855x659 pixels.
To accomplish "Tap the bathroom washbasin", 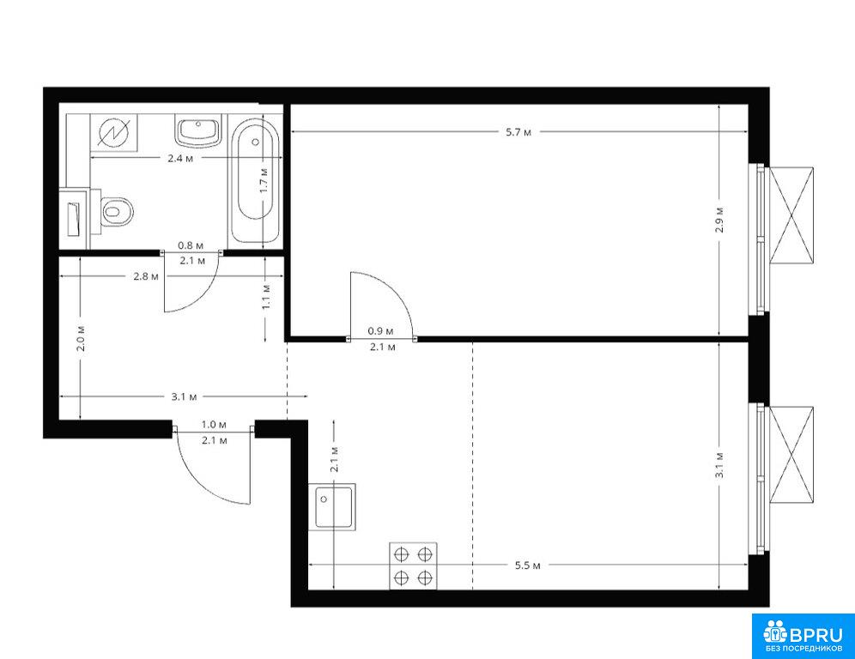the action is (198, 130).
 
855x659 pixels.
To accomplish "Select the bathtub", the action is (255, 182).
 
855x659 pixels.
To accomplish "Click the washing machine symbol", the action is (114, 132).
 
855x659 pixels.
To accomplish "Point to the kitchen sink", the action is (332, 507).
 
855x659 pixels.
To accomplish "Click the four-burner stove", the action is (413, 565).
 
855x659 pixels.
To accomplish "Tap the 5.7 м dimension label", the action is (518, 132).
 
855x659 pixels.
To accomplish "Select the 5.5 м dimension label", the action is (527, 565).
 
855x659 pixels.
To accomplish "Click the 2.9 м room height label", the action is (719, 220).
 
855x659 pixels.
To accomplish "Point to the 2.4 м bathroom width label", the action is (180, 159).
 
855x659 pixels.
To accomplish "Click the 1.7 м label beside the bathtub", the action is (264, 180).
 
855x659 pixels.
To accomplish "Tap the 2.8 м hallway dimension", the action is (146, 276).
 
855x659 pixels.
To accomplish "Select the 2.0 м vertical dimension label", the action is (81, 338).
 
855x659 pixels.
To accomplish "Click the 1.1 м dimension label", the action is (266, 297).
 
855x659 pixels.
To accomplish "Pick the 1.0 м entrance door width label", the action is (214, 424).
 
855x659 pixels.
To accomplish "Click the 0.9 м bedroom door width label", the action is (380, 331).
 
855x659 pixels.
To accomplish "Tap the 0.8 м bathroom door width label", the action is (191, 245).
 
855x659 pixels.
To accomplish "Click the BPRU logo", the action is (803, 636).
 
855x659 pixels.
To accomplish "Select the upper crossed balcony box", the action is (791, 216).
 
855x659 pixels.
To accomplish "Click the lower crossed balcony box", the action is (791, 455).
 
